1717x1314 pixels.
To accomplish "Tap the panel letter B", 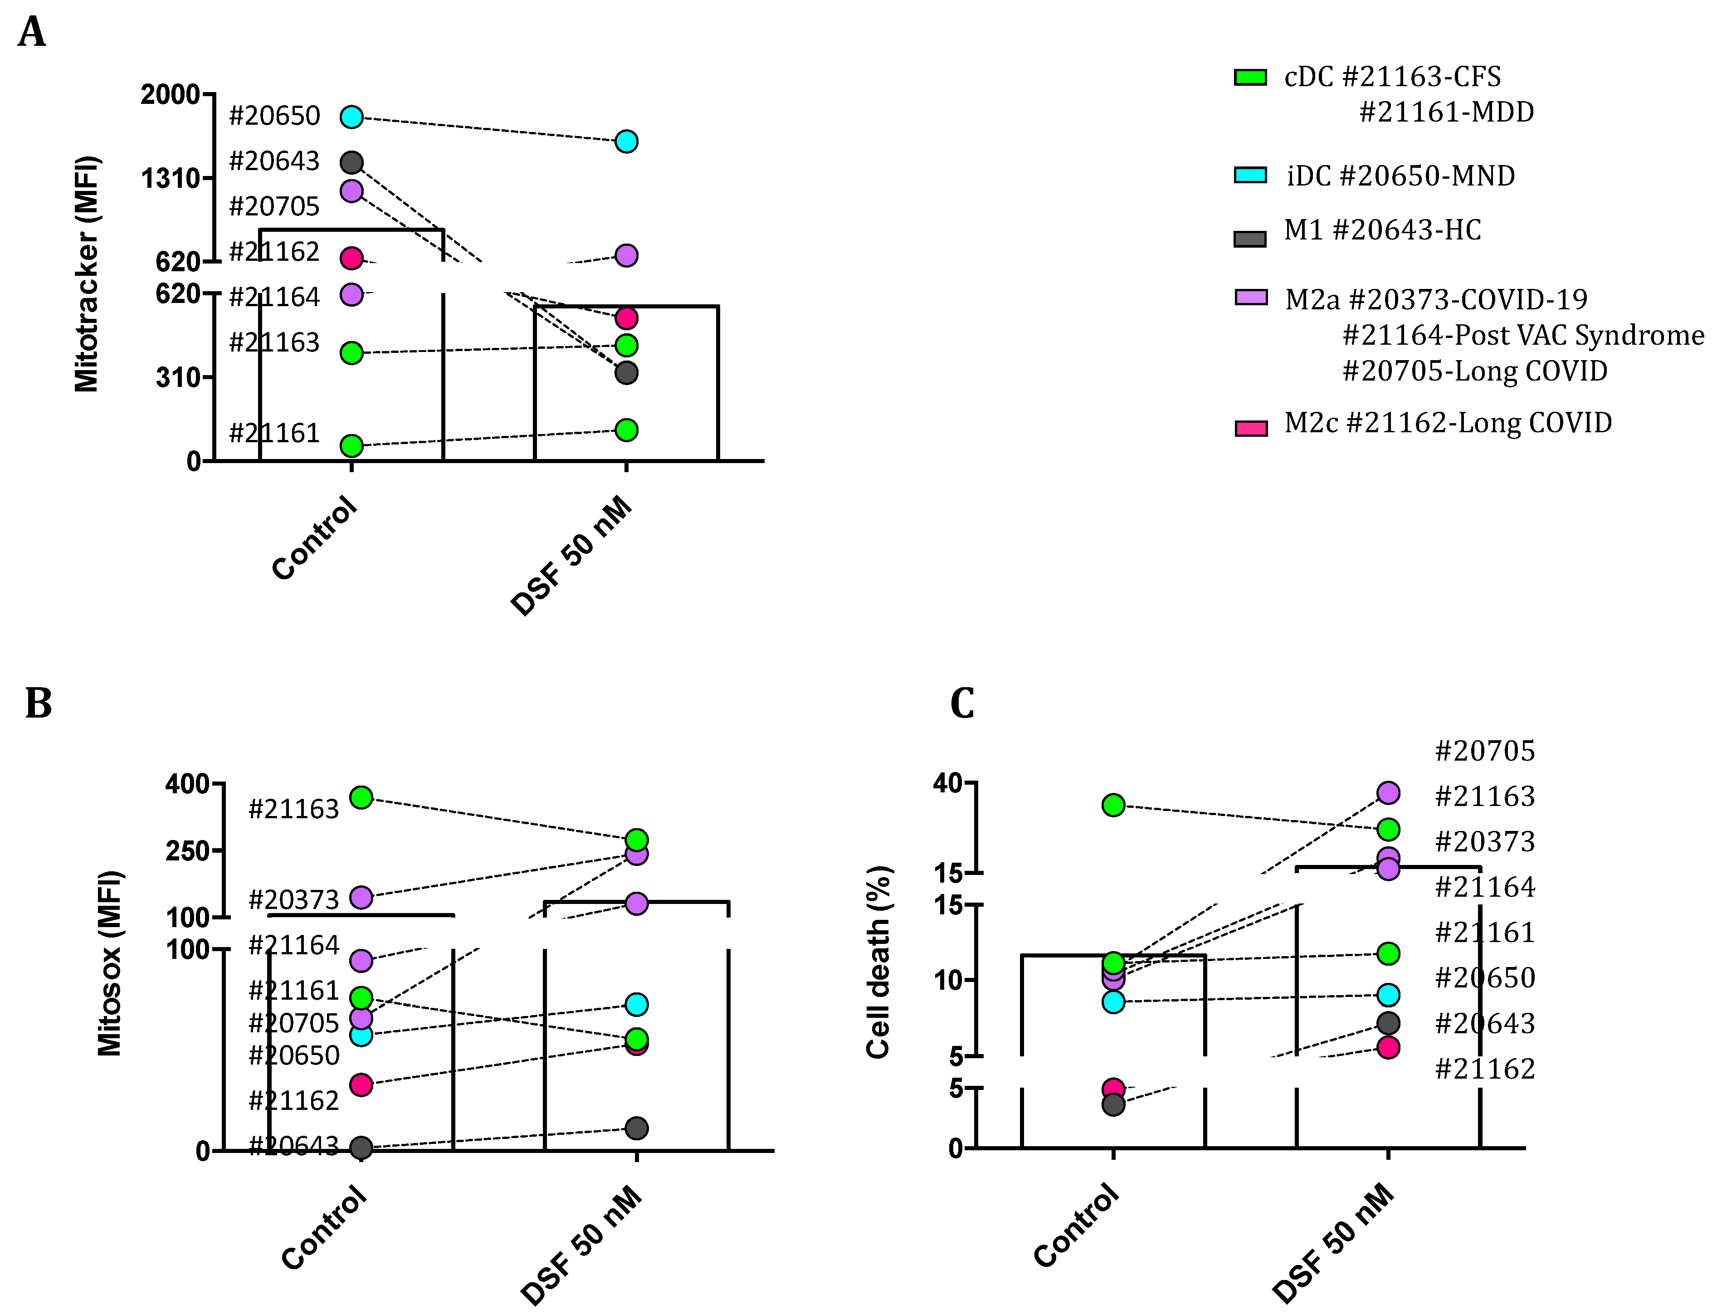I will [x=38, y=703].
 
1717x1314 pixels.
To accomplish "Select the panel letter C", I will [x=962, y=703].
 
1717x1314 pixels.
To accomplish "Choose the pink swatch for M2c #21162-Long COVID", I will [x=1250, y=428].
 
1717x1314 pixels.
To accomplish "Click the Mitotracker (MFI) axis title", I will [x=87, y=274].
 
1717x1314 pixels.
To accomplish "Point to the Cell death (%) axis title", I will [x=879, y=962].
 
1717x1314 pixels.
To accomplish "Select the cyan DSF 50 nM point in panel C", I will [x=1388, y=995].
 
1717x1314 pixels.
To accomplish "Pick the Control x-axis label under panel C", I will [x=1076, y=1225].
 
